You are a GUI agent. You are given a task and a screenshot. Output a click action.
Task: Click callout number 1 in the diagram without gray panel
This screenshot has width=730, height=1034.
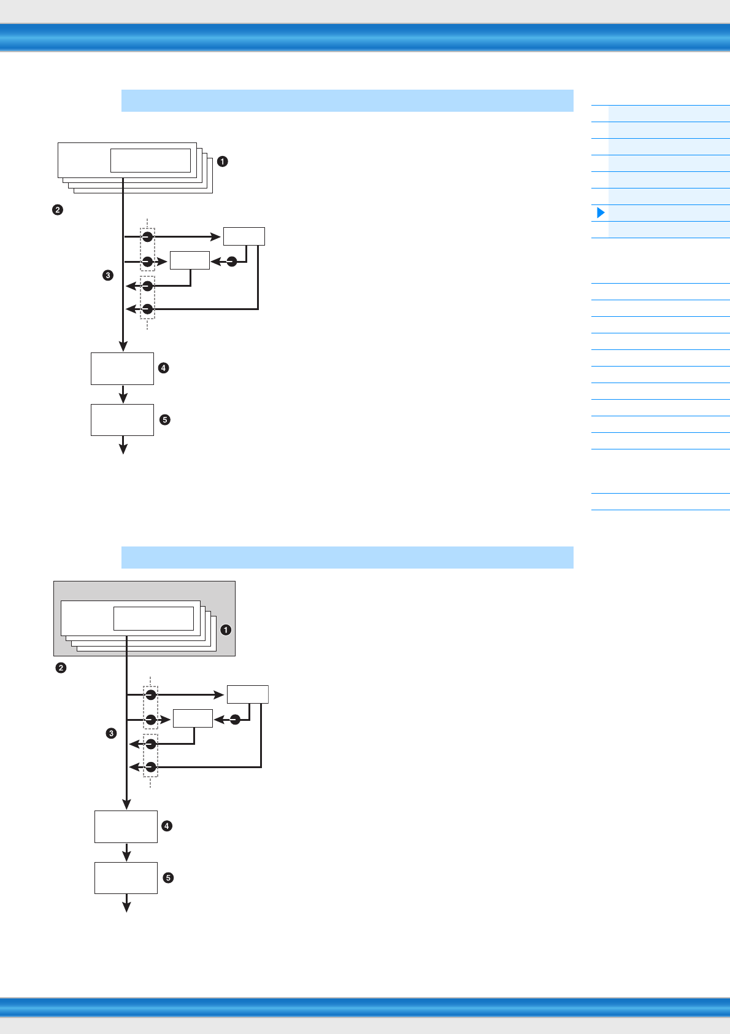coord(223,161)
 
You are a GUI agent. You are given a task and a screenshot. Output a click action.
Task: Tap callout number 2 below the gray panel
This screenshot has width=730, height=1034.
coord(61,667)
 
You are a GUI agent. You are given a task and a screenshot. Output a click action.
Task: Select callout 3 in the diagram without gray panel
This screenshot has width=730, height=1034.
coord(108,275)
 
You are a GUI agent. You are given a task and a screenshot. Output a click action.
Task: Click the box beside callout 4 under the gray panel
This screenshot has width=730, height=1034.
coord(126,826)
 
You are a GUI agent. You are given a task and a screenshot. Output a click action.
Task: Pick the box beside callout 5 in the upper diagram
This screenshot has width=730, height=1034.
coord(122,420)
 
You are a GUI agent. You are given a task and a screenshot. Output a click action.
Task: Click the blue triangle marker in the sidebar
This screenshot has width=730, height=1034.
coord(601,213)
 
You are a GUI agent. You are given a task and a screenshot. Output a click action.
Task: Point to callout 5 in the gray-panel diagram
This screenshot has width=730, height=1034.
coord(168,878)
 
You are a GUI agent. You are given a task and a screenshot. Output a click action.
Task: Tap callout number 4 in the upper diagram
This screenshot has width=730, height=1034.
coord(163,368)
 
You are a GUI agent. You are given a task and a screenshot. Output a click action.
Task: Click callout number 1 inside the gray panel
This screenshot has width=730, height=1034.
coord(226,630)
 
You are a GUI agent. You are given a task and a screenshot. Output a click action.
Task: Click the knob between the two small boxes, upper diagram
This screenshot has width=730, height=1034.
coord(232,262)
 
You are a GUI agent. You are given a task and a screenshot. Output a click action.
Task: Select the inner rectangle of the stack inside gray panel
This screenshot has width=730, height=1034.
coord(153,618)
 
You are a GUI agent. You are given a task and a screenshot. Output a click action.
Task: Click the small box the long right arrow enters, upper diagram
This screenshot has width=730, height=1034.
coord(244,236)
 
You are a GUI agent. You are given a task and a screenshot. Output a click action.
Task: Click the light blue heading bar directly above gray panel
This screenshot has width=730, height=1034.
coord(347,558)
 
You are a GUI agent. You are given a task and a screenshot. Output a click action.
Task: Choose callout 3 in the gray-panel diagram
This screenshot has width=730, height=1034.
coord(111,733)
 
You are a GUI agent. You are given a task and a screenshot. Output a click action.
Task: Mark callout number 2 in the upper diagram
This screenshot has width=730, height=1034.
coord(57,210)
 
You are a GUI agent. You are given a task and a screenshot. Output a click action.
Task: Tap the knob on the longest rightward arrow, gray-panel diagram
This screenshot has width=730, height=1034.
coord(150,694)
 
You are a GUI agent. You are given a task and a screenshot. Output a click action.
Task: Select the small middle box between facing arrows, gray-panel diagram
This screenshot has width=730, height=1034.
coord(193,718)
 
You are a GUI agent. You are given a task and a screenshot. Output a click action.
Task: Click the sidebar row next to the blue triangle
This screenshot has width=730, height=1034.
coord(669,213)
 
